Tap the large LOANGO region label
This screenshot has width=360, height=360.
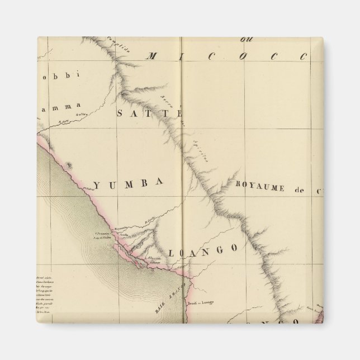pos(207,248)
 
